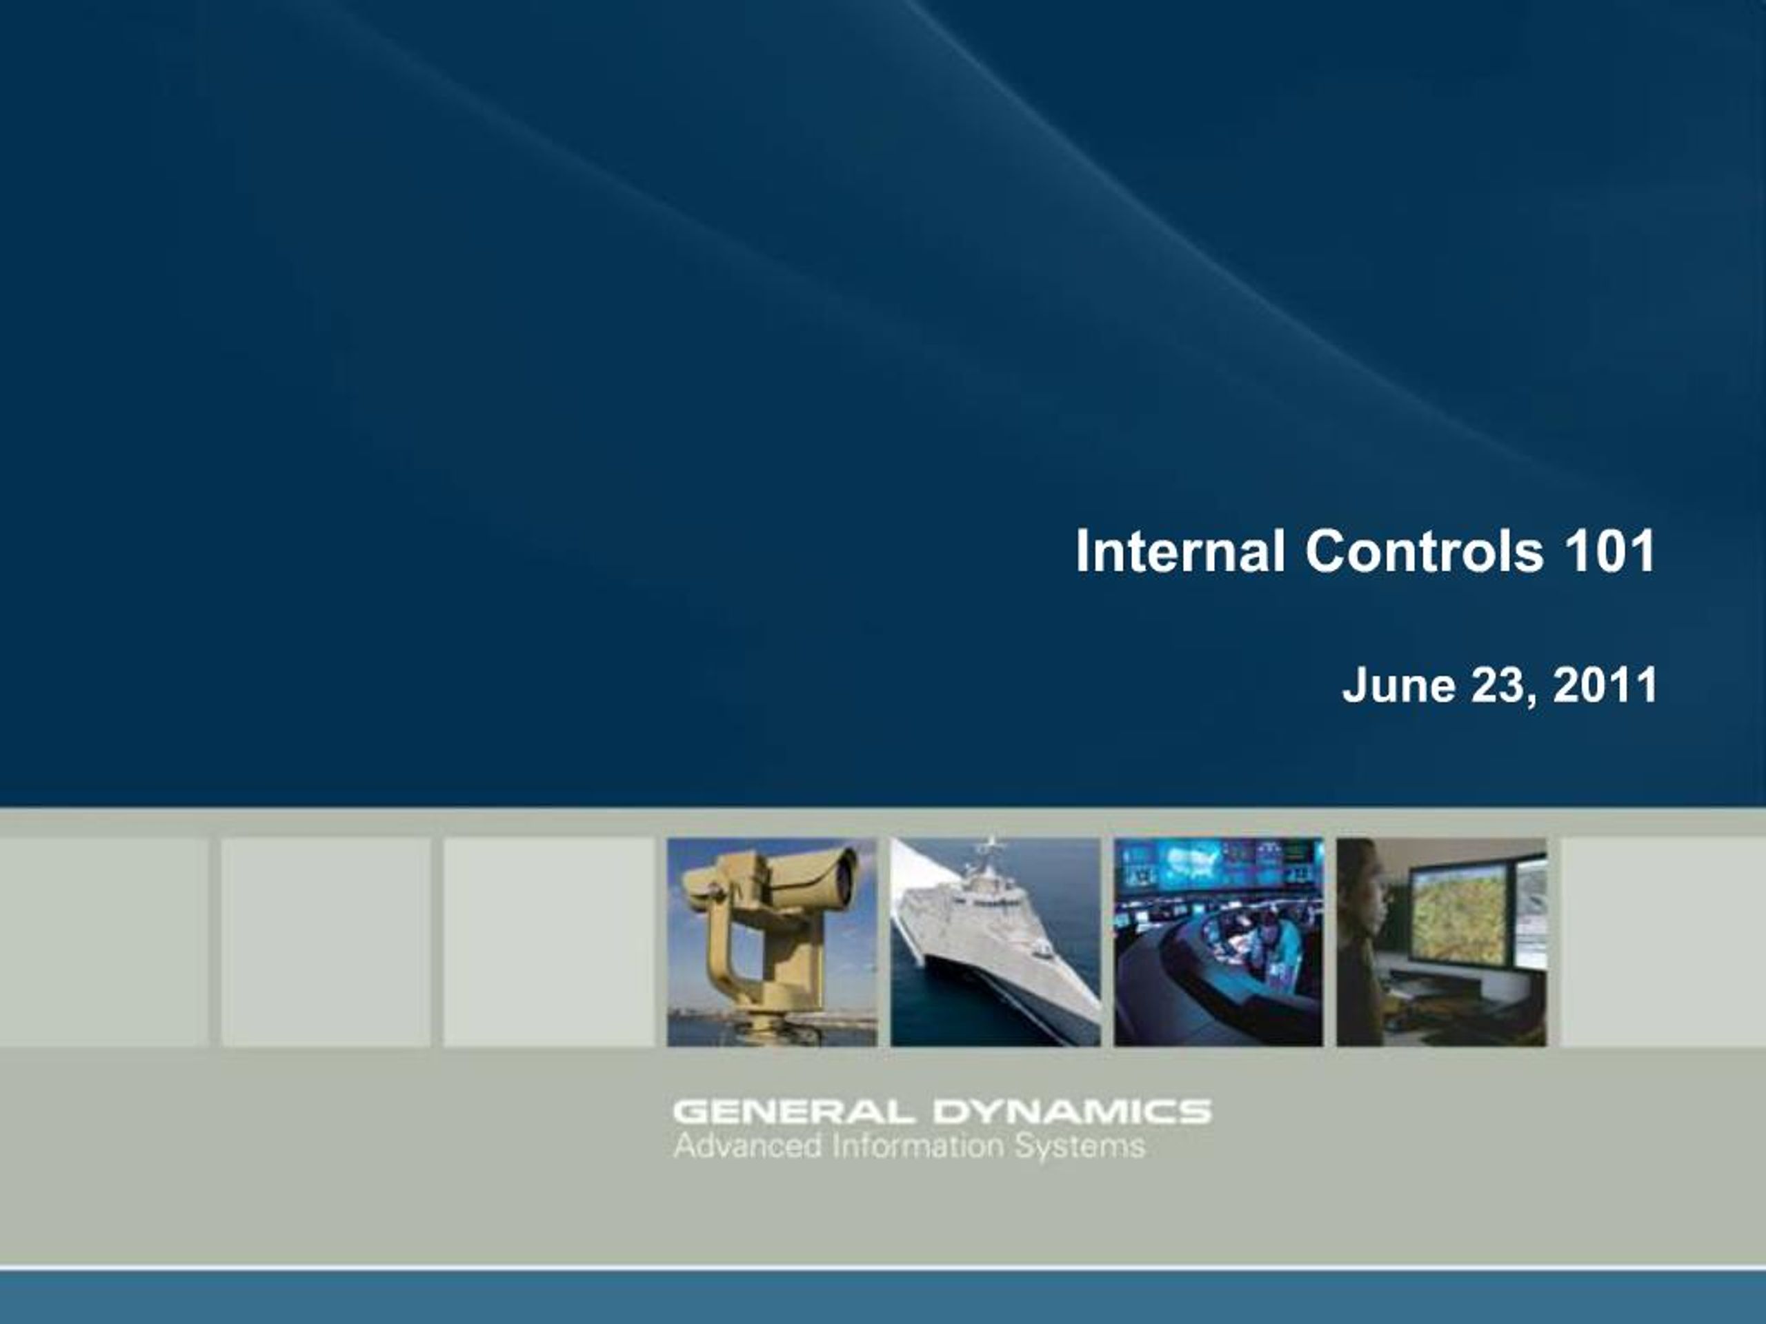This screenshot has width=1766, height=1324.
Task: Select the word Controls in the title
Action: tap(1424, 551)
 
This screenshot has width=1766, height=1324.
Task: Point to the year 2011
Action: tap(1605, 685)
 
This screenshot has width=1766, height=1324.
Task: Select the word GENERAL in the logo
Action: tap(791, 1111)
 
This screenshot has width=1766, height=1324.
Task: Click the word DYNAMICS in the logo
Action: tap(1072, 1111)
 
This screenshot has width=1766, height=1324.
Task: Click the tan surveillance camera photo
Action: tap(771, 942)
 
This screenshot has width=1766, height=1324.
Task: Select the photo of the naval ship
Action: tap(995, 942)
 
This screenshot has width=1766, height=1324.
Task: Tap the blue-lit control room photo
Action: tap(1218, 942)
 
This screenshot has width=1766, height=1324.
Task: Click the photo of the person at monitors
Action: tap(1441, 942)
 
